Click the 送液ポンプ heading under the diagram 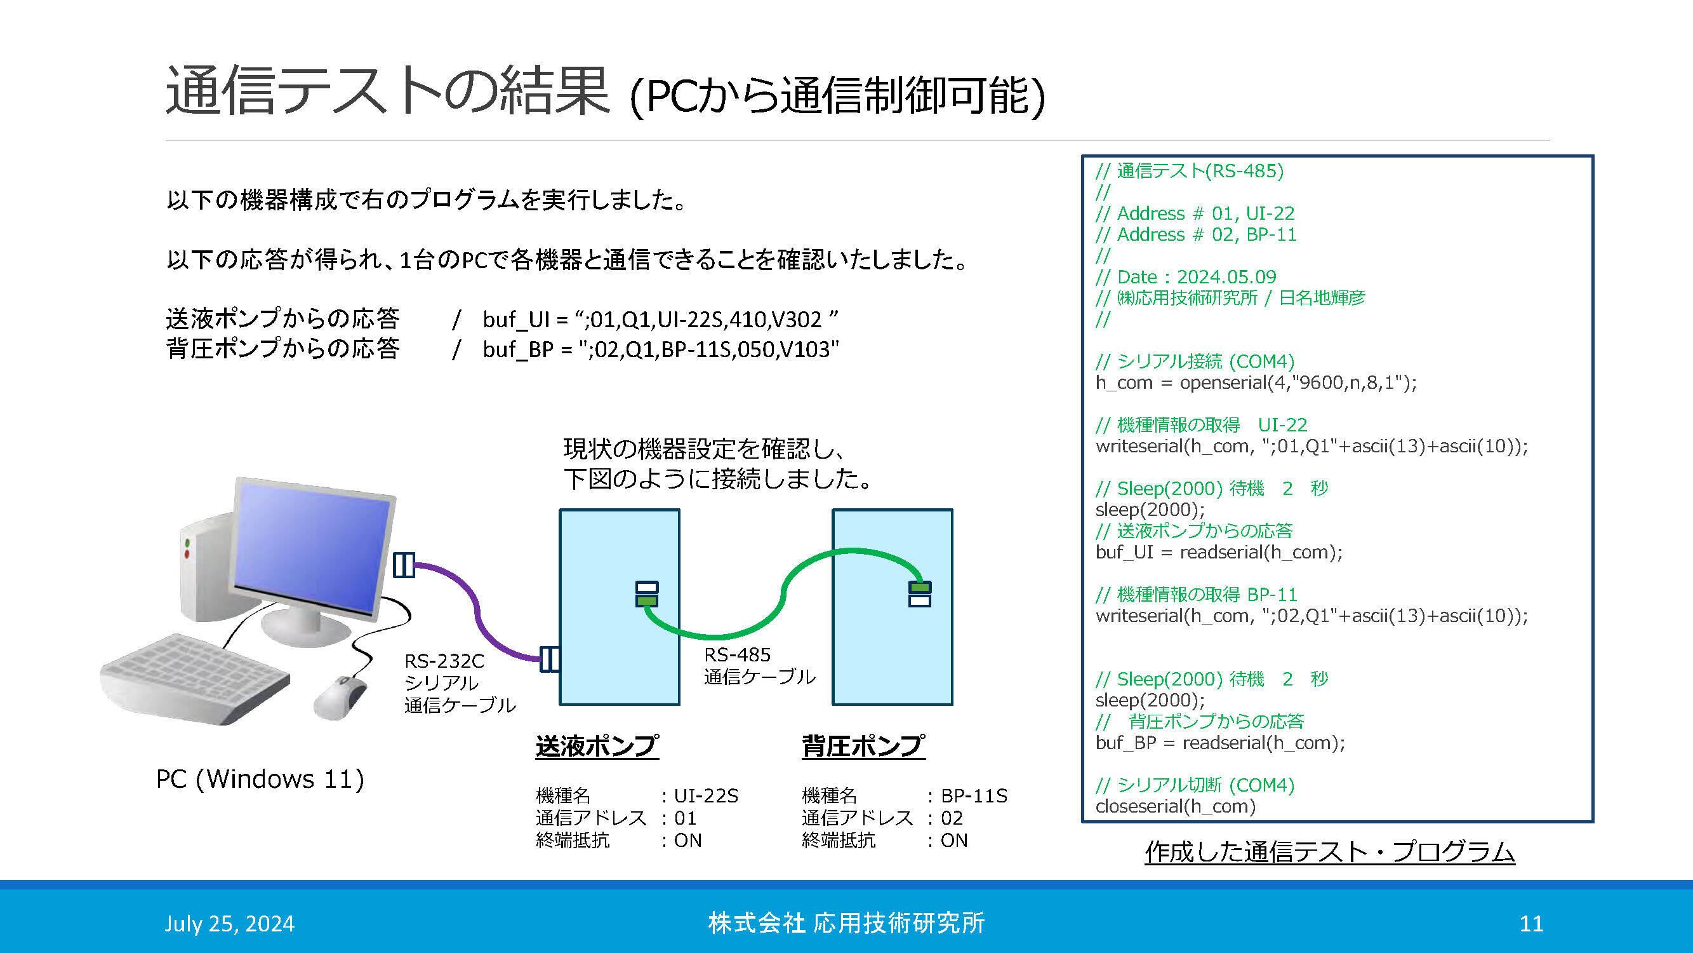pyautogui.click(x=597, y=746)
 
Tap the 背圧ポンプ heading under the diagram pyautogui.click(x=863, y=746)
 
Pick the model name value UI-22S pyautogui.click(x=707, y=796)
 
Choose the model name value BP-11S pyautogui.click(x=974, y=796)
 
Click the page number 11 pyautogui.click(x=1531, y=923)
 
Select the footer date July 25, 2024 pyautogui.click(x=229, y=923)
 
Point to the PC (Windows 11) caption pyautogui.click(x=260, y=780)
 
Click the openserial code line pyautogui.click(x=1255, y=382)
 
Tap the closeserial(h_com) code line pyautogui.click(x=1175, y=806)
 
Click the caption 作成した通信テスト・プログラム pyautogui.click(x=1329, y=852)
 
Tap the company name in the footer pyautogui.click(x=846, y=923)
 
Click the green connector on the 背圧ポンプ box pyautogui.click(x=919, y=587)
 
